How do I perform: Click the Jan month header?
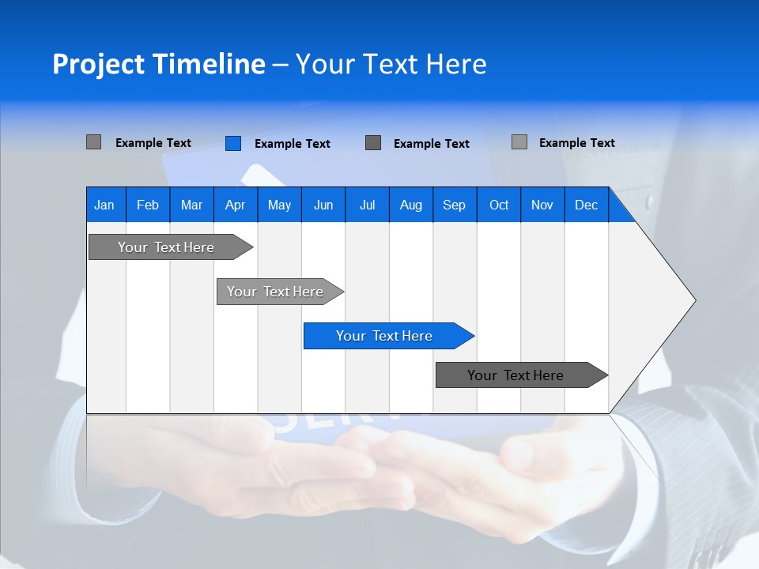pos(104,205)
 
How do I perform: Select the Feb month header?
pos(148,205)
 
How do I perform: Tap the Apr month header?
pos(235,205)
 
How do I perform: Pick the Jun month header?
pos(323,205)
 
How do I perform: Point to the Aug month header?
pos(410,205)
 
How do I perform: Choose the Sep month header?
pos(454,205)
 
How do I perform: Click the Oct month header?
pos(499,205)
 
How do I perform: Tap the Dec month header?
pos(586,205)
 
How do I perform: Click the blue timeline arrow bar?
pos(384,336)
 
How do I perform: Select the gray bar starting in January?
pos(166,247)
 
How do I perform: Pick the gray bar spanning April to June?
pos(275,292)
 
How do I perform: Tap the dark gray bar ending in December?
pos(515,375)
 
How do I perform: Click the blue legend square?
pos(232,143)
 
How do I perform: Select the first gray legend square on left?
pos(93,142)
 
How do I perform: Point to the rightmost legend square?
pos(519,142)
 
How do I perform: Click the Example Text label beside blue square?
pos(292,144)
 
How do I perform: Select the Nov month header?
pos(542,205)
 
